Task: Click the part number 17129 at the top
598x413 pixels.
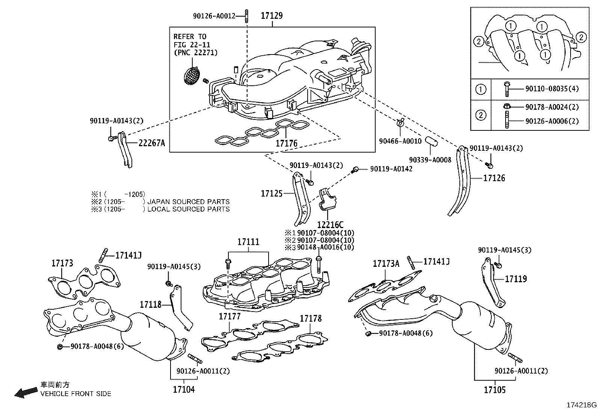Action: coord(272,16)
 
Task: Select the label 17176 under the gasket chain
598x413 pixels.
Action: coord(286,143)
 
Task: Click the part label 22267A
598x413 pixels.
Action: coord(151,143)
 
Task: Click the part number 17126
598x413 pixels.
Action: coord(494,178)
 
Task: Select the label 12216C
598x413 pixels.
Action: coord(330,225)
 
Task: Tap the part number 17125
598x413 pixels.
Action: coord(271,194)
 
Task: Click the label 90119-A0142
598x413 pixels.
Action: coord(391,169)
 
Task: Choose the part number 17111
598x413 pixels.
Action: coord(248,242)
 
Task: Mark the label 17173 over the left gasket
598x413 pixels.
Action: coord(62,263)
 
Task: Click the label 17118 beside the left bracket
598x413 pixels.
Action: coord(151,304)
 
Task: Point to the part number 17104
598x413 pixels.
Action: coord(184,389)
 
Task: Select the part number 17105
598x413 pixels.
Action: coord(495,390)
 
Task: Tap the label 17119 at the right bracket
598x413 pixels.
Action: coord(516,279)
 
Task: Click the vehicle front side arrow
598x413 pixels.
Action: coord(26,392)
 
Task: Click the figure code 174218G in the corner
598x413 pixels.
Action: coord(581,405)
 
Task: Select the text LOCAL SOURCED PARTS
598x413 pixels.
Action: coord(188,209)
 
